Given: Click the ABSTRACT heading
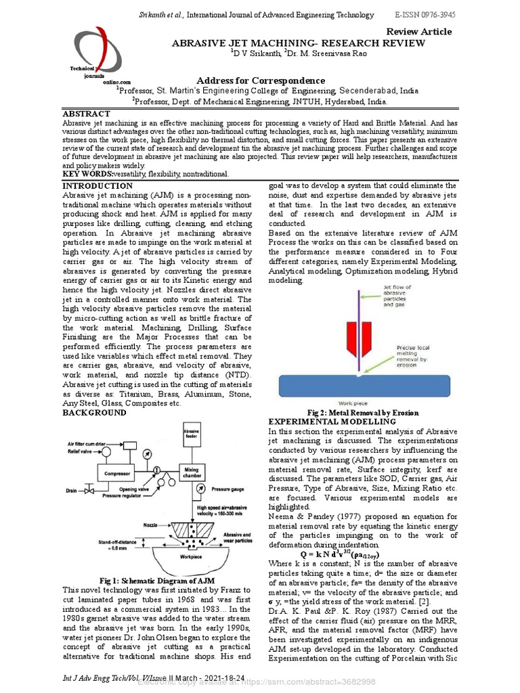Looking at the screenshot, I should tap(86, 114).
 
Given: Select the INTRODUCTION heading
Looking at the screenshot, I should tap(97, 186).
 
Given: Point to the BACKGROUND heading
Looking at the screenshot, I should tap(94, 413).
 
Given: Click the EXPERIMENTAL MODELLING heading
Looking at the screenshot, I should tap(332, 422).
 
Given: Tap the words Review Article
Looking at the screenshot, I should tap(418, 32).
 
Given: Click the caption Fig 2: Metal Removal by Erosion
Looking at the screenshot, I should tap(363, 413).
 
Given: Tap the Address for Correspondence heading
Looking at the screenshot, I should tap(261, 81).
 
